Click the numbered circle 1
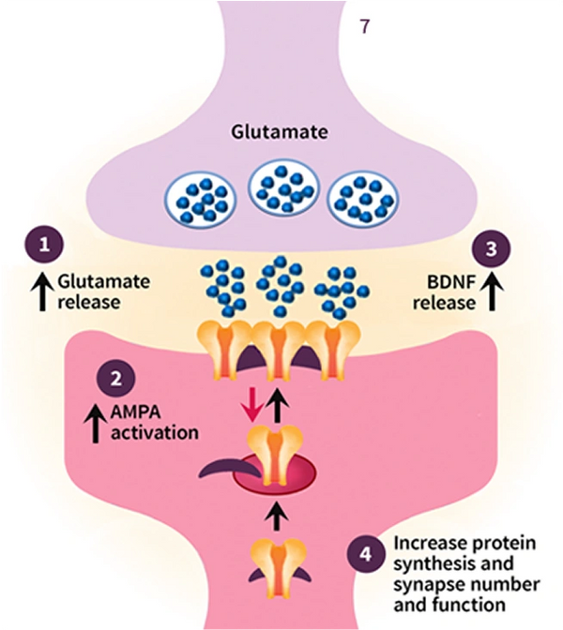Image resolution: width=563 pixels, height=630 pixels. (x=43, y=247)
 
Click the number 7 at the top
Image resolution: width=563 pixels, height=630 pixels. (x=365, y=25)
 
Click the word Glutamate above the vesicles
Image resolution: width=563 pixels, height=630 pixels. (x=281, y=132)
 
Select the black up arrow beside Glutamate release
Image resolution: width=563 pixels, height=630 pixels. (x=43, y=290)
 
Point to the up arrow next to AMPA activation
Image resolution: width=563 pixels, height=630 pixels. (x=95, y=424)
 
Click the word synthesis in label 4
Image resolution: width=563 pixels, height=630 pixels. (x=431, y=562)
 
